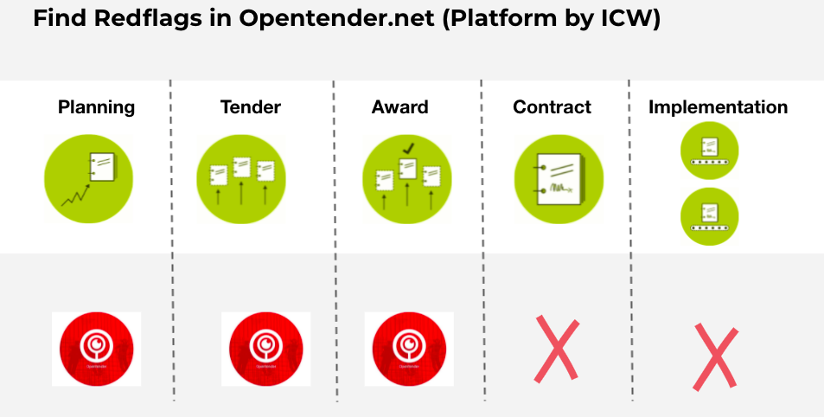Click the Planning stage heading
[x=97, y=107]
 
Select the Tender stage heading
[x=251, y=107]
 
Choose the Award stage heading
[x=399, y=107]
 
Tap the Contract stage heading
[x=552, y=107]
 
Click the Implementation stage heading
[x=718, y=107]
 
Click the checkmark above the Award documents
[x=407, y=149]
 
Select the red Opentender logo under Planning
[x=96, y=349]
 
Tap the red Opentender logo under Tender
[x=265, y=349]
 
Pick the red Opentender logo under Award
[x=409, y=349]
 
